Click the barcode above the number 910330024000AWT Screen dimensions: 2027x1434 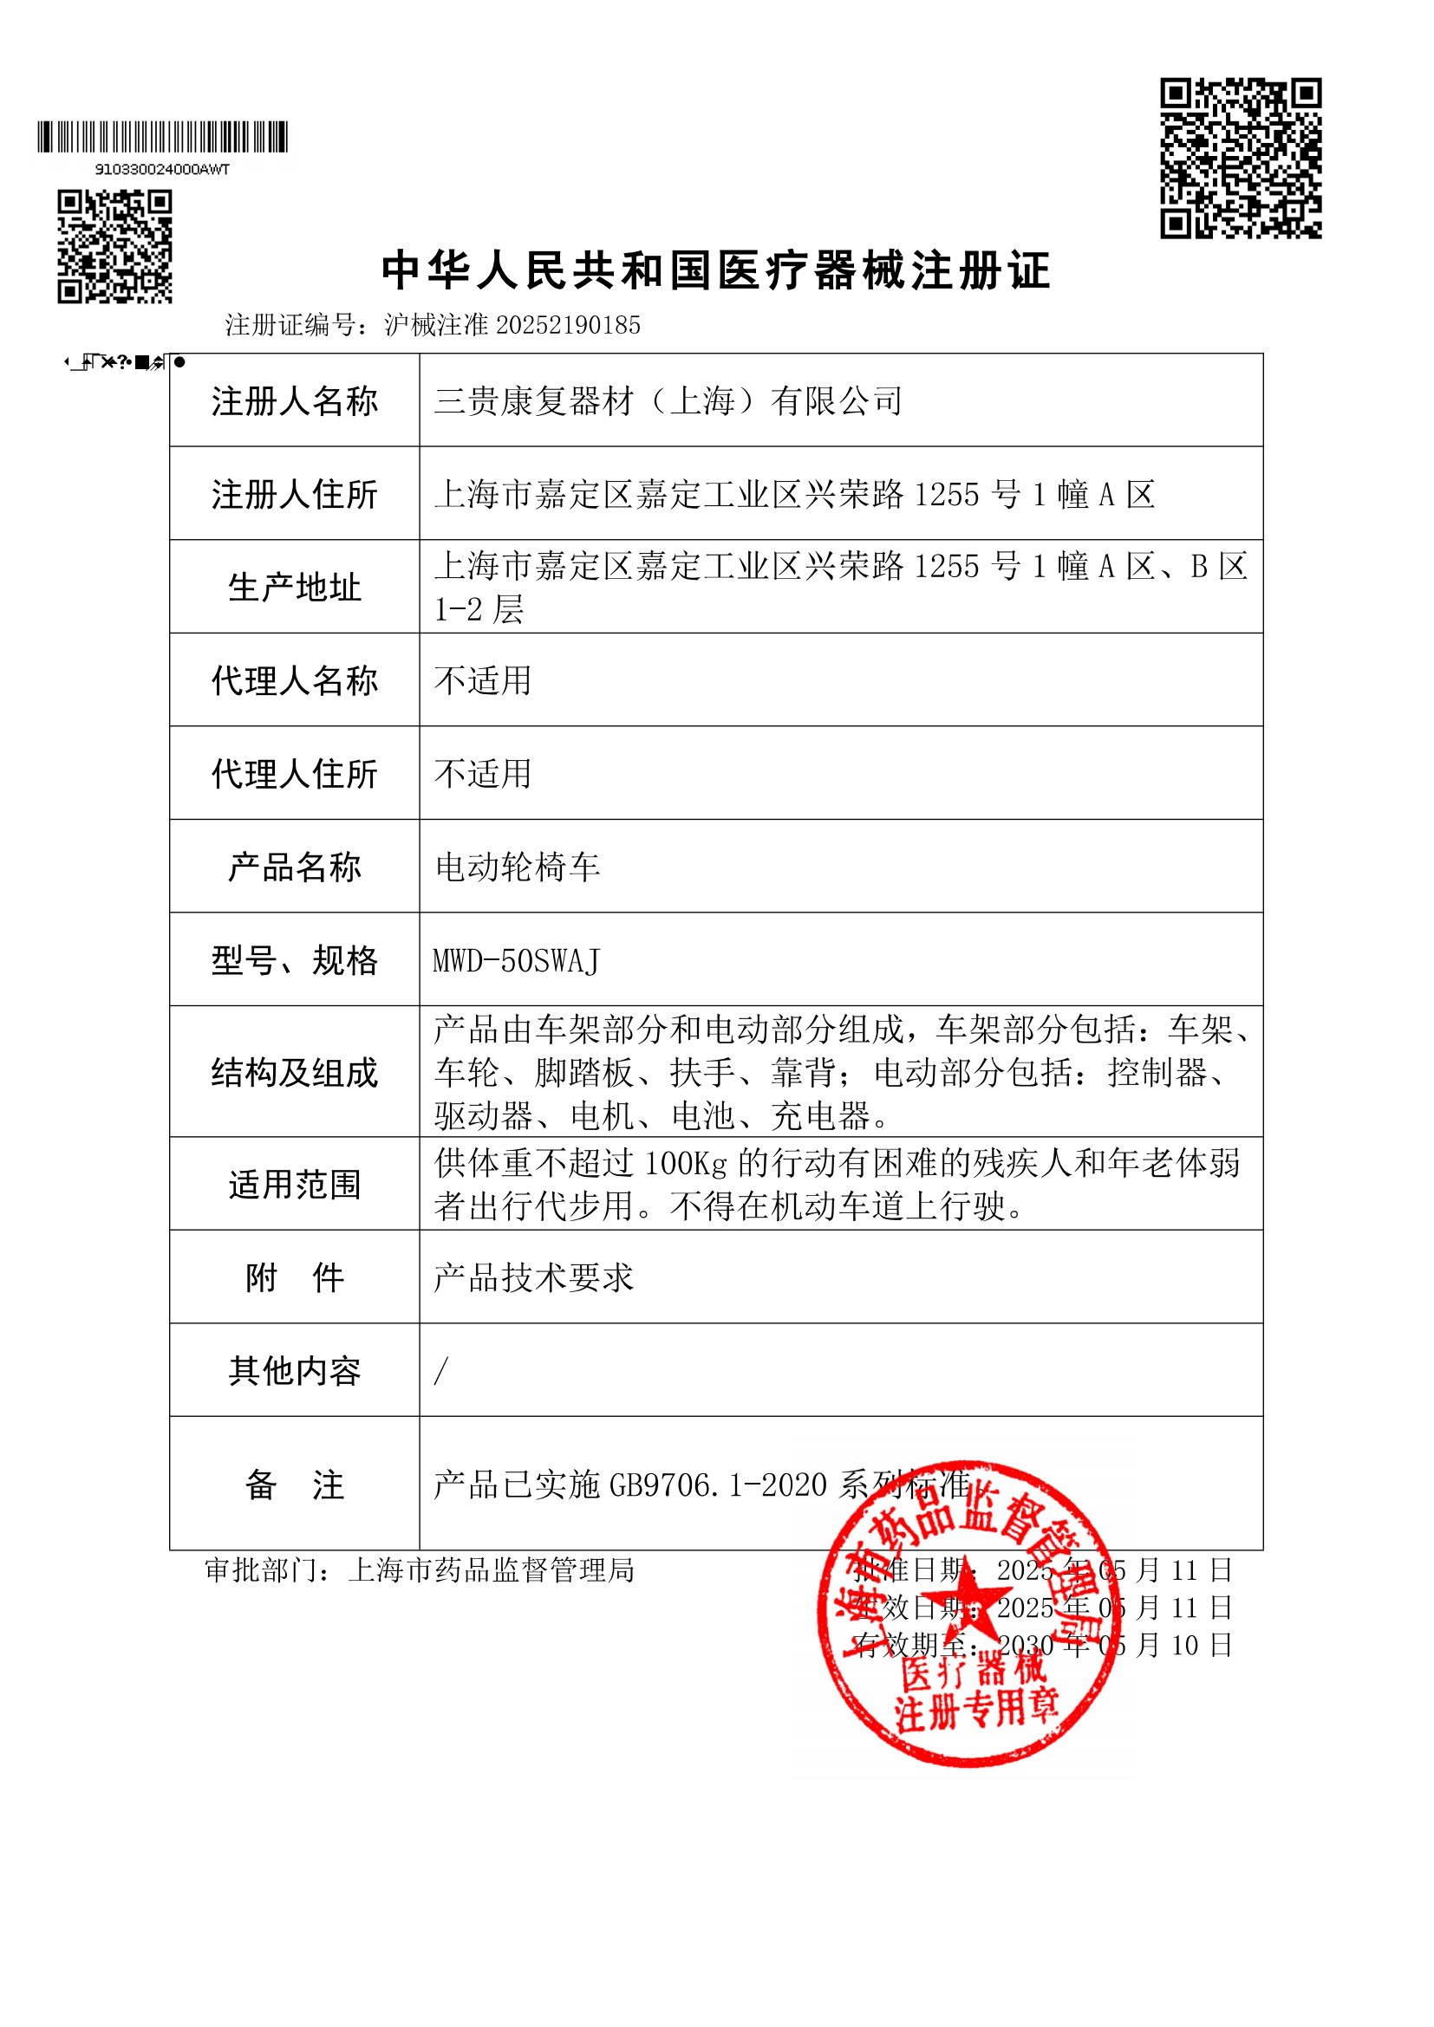click(x=162, y=137)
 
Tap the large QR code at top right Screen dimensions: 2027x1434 click(x=1240, y=158)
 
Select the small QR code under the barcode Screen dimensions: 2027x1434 click(x=114, y=246)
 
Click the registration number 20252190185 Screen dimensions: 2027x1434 click(x=569, y=326)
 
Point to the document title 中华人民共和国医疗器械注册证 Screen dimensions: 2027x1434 click(x=716, y=270)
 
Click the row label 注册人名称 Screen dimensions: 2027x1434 click(x=294, y=401)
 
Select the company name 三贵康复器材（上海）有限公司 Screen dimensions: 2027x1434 click(x=668, y=401)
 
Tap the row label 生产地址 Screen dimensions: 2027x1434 click(x=294, y=587)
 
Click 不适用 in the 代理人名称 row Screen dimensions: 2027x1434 click(x=482, y=680)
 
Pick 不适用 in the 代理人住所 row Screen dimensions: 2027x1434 click(x=482, y=774)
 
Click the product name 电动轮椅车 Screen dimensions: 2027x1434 click(x=518, y=867)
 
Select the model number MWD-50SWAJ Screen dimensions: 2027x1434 click(x=517, y=960)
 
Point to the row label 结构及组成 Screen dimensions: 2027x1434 click(x=294, y=1073)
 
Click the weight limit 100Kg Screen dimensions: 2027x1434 click(x=685, y=1164)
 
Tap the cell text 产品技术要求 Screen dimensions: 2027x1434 click(x=533, y=1277)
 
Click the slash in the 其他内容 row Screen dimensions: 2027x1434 click(x=440, y=1371)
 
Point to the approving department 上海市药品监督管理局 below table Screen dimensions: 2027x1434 click(x=491, y=1569)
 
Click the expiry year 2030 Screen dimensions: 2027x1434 click(x=1025, y=1645)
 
